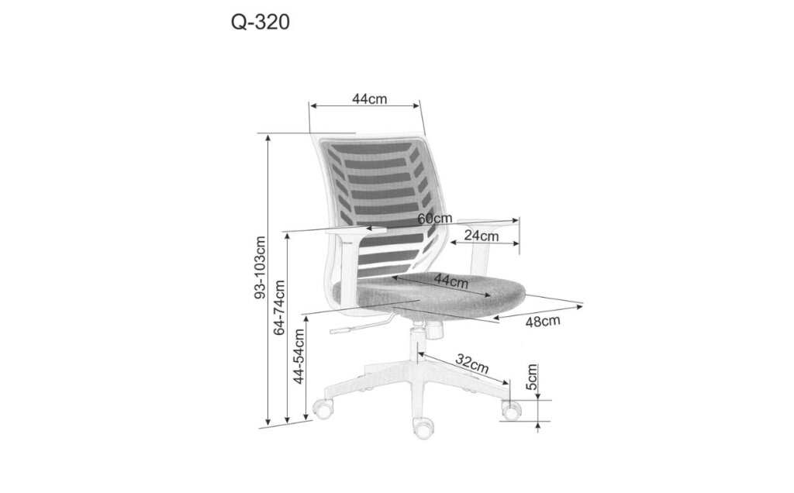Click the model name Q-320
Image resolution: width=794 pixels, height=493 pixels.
pyautogui.click(x=261, y=22)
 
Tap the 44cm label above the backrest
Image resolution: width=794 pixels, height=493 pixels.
pyautogui.click(x=369, y=98)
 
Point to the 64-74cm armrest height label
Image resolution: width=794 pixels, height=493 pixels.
pyautogui.click(x=279, y=307)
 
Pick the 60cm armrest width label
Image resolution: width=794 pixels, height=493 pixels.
pyautogui.click(x=434, y=219)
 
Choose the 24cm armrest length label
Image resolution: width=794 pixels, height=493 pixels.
pyautogui.click(x=481, y=236)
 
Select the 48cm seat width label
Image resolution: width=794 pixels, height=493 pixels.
pyautogui.click(x=542, y=321)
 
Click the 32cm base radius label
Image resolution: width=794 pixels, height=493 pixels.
pyautogui.click(x=472, y=364)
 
